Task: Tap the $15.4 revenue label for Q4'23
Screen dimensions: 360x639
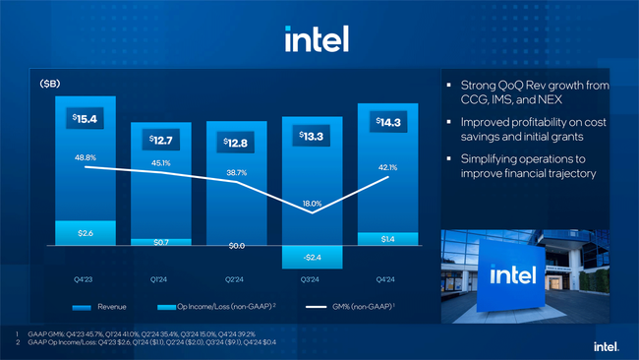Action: pyautogui.click(x=85, y=119)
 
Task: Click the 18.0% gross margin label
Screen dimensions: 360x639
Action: pyautogui.click(x=312, y=203)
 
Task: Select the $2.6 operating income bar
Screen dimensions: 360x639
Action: pyautogui.click(x=86, y=232)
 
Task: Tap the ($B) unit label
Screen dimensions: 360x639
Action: pyautogui.click(x=49, y=85)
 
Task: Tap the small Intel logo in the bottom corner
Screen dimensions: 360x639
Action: pyautogui.click(x=605, y=345)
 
